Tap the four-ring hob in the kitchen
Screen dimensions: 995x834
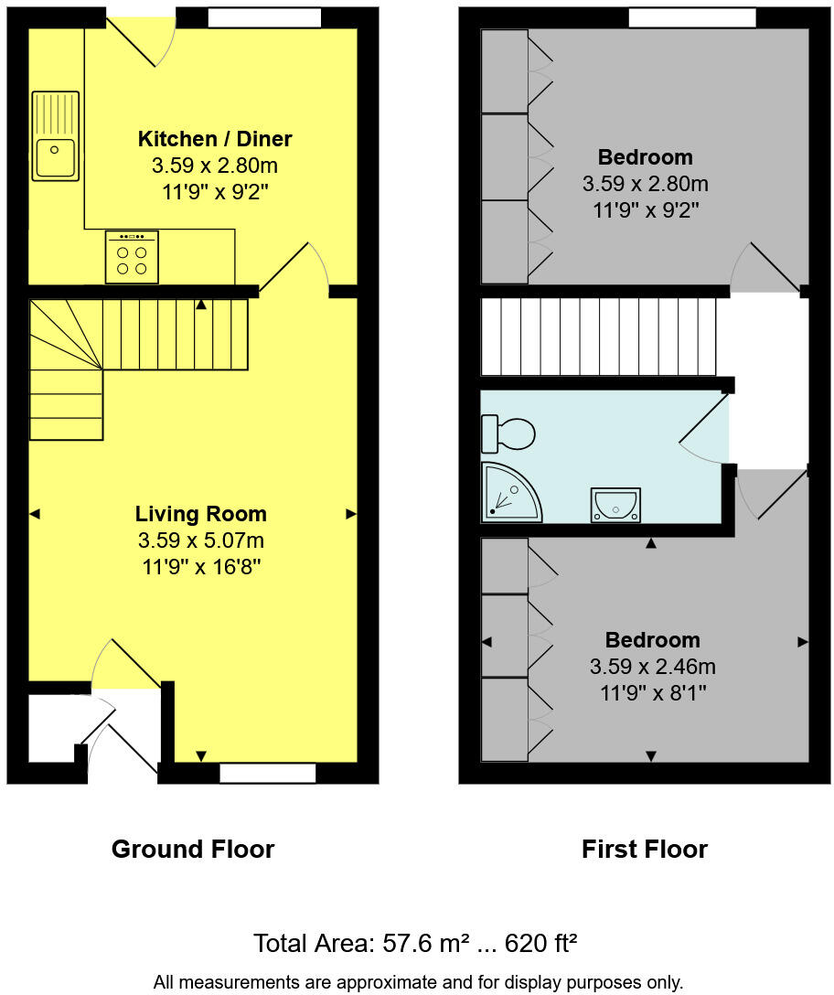(132, 257)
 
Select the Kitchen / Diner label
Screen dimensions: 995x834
(215, 139)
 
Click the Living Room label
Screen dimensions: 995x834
(201, 514)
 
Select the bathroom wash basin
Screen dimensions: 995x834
(615, 504)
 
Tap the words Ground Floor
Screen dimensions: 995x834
(193, 850)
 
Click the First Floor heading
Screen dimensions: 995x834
(645, 850)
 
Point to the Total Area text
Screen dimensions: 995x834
(415, 943)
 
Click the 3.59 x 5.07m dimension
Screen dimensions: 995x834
(201, 540)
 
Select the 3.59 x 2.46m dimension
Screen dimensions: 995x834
(652, 667)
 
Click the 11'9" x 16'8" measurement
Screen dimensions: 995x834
(201, 566)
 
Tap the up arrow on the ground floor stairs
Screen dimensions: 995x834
(201, 305)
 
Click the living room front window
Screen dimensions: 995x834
(268, 774)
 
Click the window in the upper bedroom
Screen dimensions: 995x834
(691, 17)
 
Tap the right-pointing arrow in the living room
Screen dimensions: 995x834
(350, 515)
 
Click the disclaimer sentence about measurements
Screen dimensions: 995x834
(417, 982)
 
